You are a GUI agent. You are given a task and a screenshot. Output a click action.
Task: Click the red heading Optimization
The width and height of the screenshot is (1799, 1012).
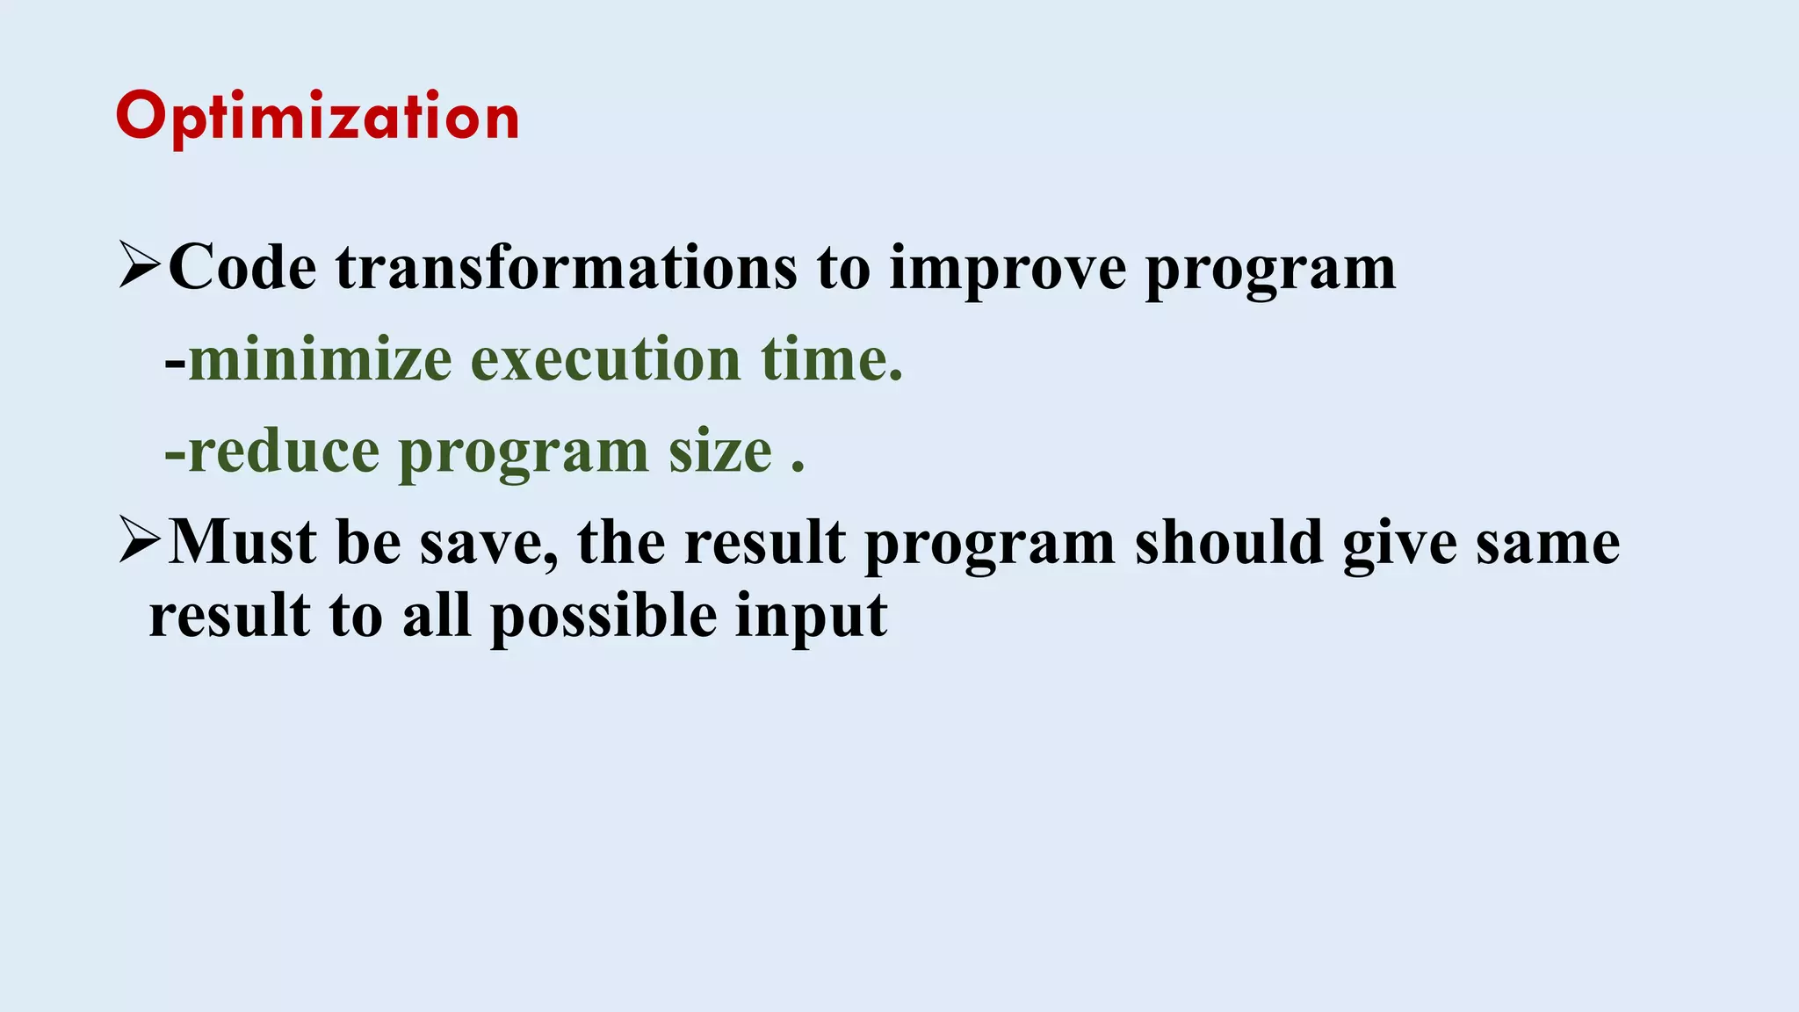point(317,117)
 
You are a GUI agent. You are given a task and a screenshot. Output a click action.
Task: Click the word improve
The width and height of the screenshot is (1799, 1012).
point(1008,269)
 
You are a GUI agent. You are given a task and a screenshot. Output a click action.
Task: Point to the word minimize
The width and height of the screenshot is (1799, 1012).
point(321,359)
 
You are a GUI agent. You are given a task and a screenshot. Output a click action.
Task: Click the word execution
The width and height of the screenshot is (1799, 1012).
point(606,359)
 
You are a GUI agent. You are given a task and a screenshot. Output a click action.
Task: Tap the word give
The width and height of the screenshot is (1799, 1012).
point(1400,544)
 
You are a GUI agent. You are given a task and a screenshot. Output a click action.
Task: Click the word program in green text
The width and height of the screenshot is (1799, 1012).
point(524,453)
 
